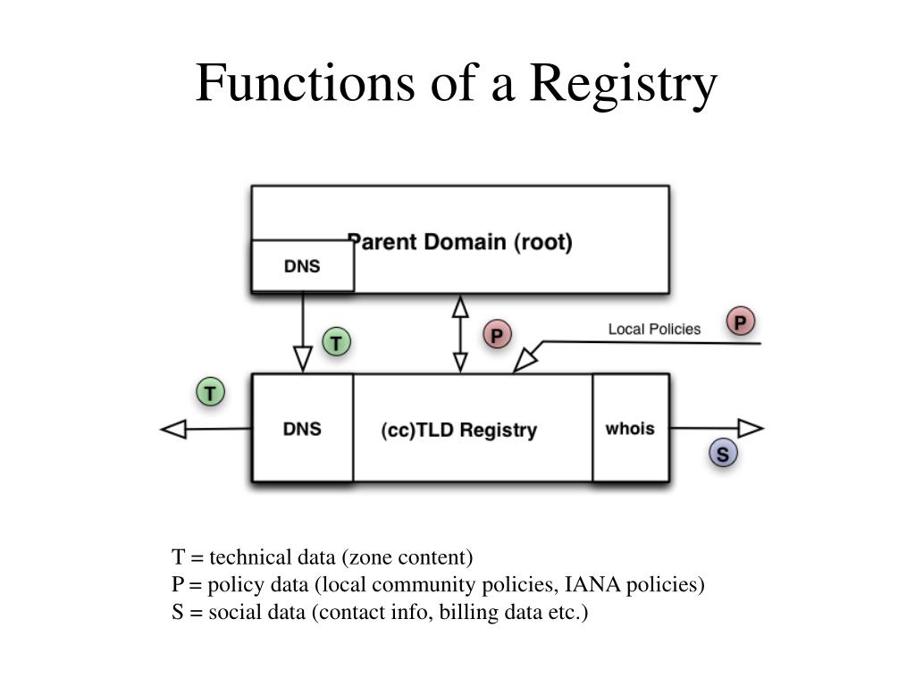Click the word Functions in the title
pos(306,82)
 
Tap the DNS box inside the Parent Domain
pos(302,266)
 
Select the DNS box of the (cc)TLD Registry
pos(302,428)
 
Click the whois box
pos(630,428)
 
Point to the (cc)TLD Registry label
pos(458,430)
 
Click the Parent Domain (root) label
pos(460,241)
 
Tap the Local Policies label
pos(654,329)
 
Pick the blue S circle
pos(723,453)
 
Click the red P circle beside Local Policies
pos(741,322)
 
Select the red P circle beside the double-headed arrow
pos(497,335)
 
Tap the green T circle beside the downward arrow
pos(336,342)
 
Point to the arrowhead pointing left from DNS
pos(173,430)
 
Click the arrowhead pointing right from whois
pos(751,428)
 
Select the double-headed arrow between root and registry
pos(460,334)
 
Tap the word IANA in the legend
pos(592,584)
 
